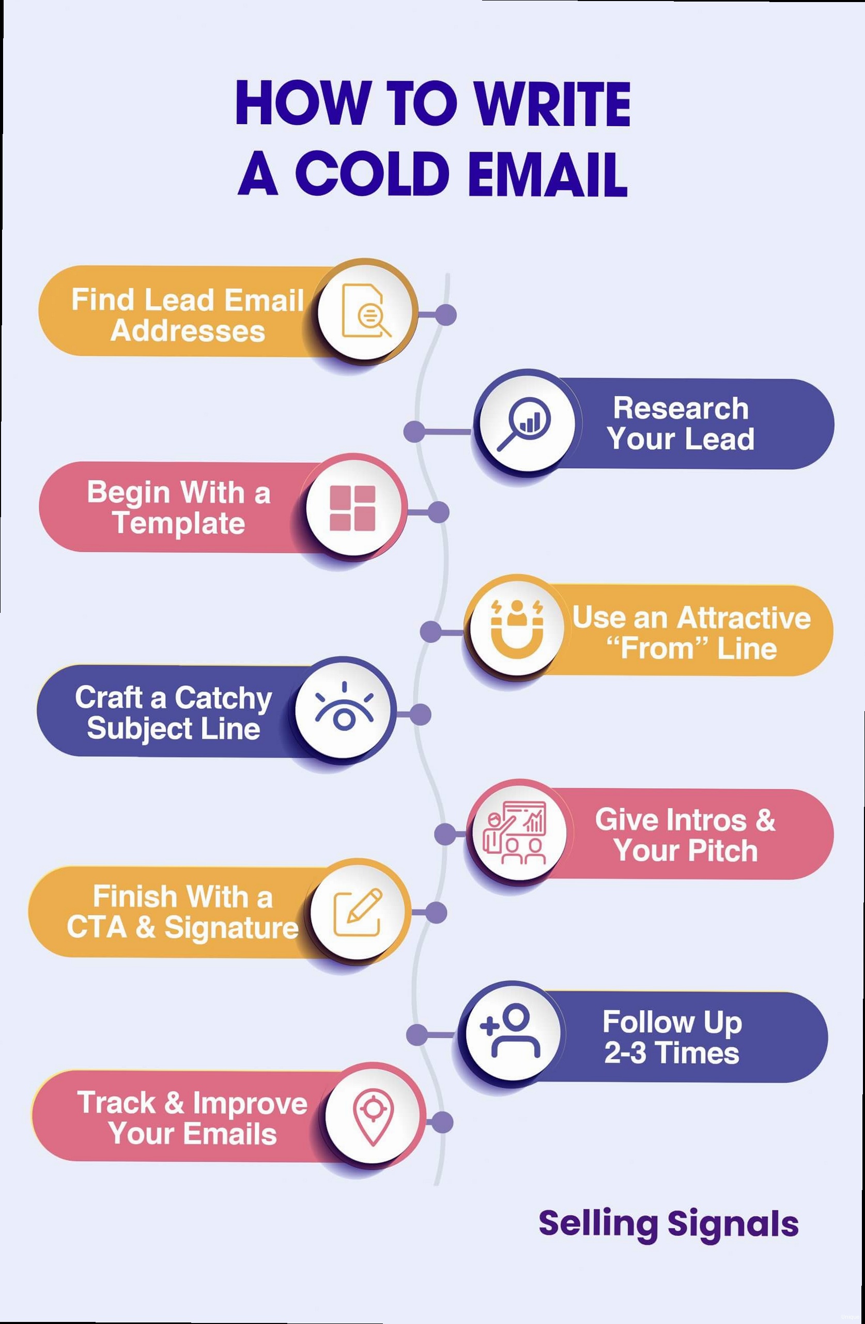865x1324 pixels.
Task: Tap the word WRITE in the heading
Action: coord(552,103)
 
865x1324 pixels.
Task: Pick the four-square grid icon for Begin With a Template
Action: coord(352,508)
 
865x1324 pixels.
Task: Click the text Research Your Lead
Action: coord(681,424)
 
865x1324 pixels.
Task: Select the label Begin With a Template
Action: coord(178,507)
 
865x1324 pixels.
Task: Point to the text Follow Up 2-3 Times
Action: coord(672,1037)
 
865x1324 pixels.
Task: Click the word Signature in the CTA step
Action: coord(231,927)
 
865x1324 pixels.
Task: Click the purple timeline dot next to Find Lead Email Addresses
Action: coord(445,315)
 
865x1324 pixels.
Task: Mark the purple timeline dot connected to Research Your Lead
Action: coord(414,431)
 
